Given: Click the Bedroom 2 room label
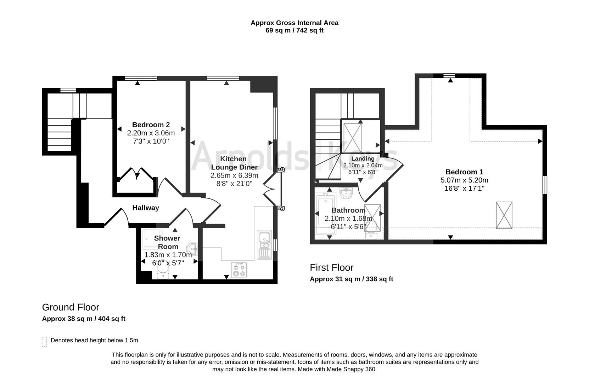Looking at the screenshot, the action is (x=151, y=125).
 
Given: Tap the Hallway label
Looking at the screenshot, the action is (x=146, y=208).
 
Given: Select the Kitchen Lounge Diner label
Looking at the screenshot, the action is (x=234, y=163).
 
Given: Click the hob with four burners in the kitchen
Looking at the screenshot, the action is (x=239, y=270).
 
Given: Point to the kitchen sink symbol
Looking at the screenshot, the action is (x=264, y=244).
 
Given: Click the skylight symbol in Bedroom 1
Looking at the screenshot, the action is (x=504, y=215).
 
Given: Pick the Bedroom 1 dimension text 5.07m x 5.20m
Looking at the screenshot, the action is (x=464, y=180).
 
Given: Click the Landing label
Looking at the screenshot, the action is (x=363, y=158).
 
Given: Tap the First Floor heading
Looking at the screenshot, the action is (x=332, y=268).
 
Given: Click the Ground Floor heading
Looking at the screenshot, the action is (x=71, y=307).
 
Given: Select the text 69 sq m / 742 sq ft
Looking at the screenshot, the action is (x=294, y=30).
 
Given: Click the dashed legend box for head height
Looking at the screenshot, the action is (x=44, y=342).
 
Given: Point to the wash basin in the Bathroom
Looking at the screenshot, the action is (x=346, y=193).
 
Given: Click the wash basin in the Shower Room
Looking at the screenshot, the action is (x=192, y=248).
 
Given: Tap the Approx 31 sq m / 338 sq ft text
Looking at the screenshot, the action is (x=351, y=279).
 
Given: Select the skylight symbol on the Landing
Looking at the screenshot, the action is (x=352, y=138).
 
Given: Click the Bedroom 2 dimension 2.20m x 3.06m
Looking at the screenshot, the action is (x=151, y=133).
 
